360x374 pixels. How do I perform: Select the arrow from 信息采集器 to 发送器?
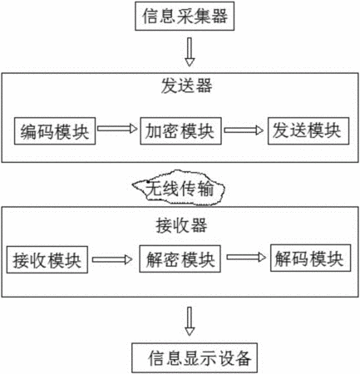click(190, 52)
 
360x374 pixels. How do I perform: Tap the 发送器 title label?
click(186, 86)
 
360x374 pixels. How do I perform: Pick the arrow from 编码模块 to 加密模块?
click(117, 129)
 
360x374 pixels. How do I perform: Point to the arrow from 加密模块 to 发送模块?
click(244, 130)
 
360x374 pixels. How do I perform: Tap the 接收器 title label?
click(181, 225)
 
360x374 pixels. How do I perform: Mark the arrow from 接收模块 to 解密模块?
click(112, 259)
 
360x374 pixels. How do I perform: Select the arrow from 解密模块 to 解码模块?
click(246, 258)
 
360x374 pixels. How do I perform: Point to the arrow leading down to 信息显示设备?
click(190, 322)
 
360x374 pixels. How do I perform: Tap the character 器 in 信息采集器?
click(219, 16)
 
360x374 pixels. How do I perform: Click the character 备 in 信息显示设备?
click(243, 358)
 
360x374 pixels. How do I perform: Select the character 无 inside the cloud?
click(154, 189)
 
